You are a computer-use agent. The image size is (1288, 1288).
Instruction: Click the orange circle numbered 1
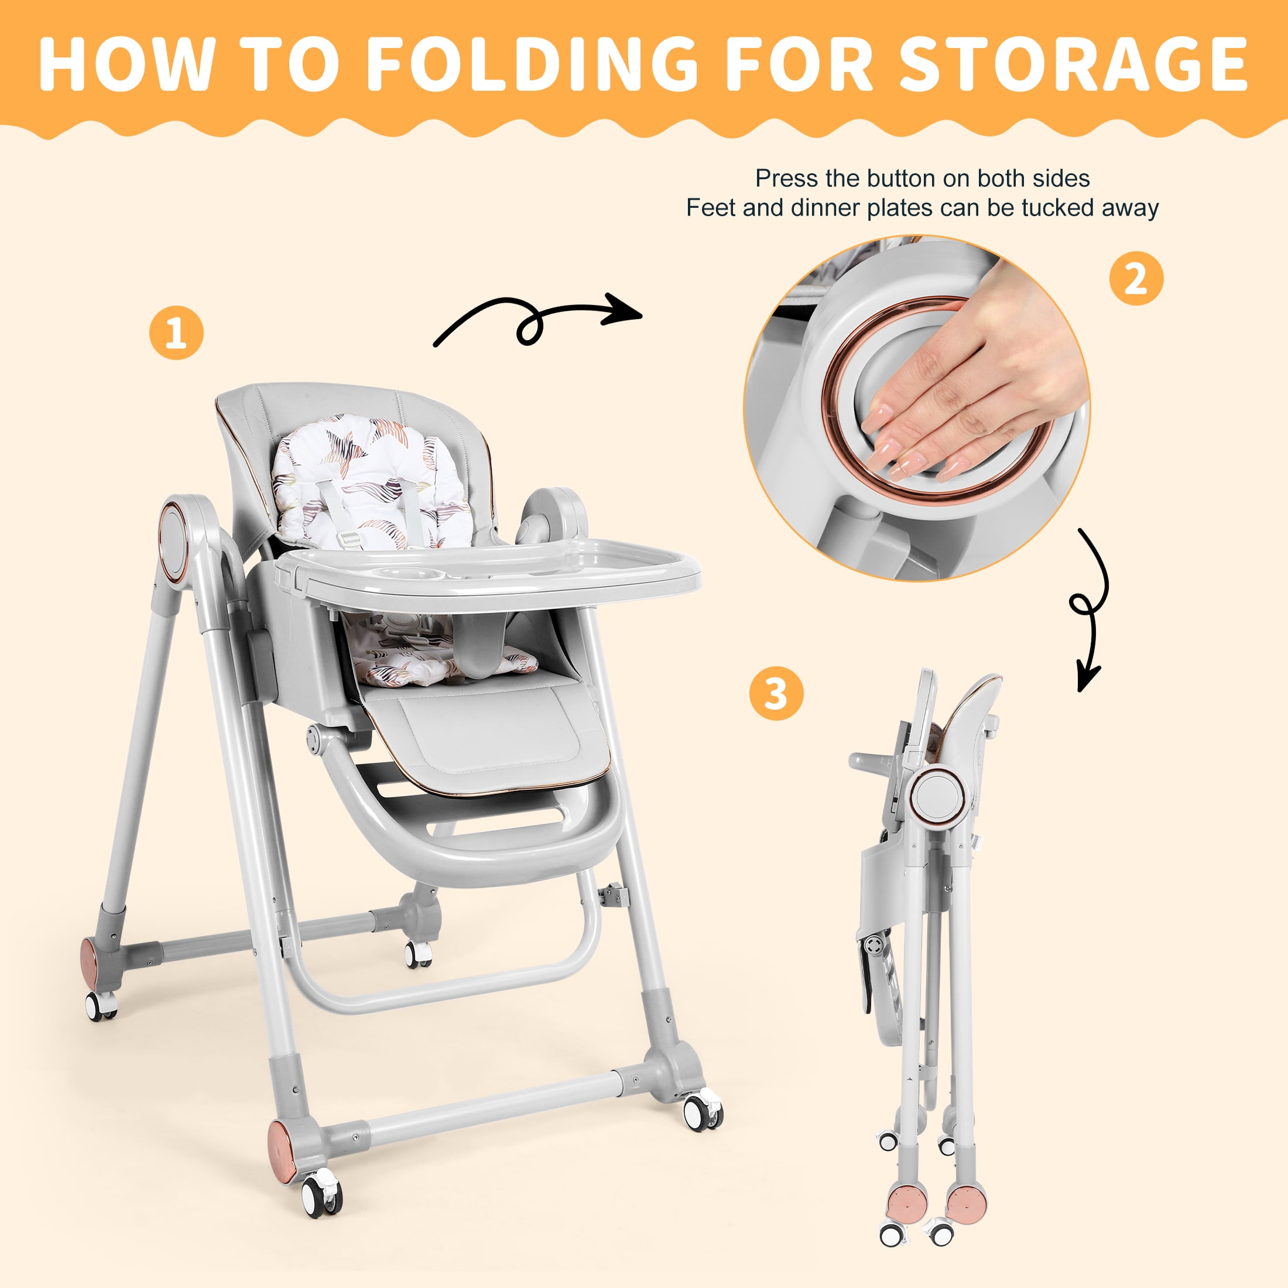click(x=176, y=333)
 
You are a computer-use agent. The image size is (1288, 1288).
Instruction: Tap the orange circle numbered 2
click(x=1136, y=279)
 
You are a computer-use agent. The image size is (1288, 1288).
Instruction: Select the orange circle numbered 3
click(x=776, y=693)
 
